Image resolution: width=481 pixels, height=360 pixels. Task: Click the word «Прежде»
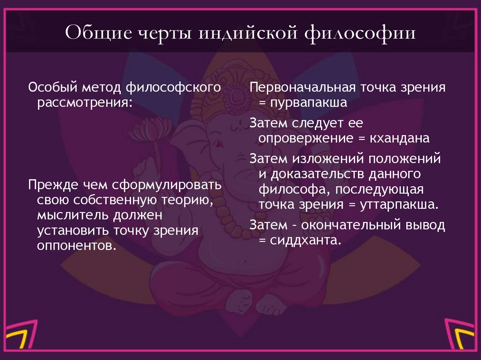52,184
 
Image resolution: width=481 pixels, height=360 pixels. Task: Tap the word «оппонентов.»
76,245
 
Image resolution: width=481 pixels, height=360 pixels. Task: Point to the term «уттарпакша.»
399,205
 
